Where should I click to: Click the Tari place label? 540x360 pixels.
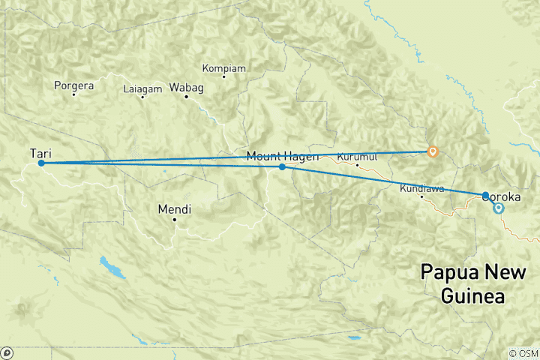40,153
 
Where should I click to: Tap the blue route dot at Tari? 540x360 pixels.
41,163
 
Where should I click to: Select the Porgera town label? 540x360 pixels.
73,85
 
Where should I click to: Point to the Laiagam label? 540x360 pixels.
142,89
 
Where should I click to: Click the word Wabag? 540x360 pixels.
187,88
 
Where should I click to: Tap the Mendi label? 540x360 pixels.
174,208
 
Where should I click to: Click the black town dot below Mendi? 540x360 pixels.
175,219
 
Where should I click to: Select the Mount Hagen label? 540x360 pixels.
283,156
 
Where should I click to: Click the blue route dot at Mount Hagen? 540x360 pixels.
282,166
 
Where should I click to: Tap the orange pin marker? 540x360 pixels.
432,151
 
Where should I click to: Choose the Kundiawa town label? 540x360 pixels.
422,188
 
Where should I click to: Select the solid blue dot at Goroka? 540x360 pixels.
486,195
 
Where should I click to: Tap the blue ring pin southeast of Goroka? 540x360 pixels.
498,208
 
